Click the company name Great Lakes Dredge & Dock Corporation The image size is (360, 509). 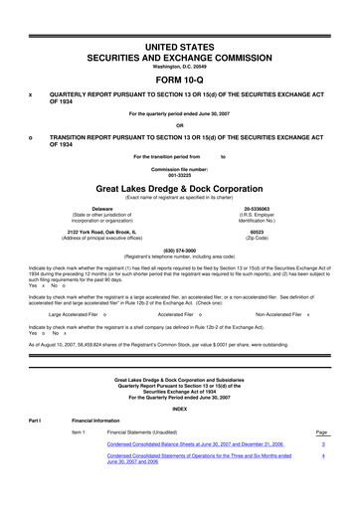179,186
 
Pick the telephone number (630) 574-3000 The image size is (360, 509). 179,250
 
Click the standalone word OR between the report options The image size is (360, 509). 180,124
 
